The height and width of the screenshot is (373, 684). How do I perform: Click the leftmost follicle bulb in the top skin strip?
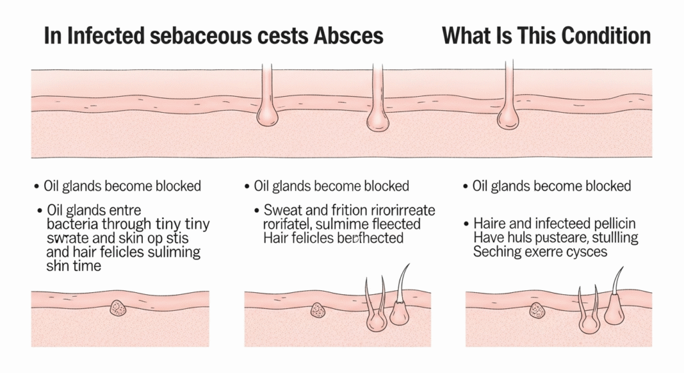[267, 115]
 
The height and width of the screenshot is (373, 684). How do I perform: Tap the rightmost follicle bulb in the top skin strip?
[508, 118]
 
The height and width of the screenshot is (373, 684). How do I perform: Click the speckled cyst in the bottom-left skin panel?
[118, 308]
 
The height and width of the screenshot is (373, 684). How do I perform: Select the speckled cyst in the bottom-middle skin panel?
[318, 310]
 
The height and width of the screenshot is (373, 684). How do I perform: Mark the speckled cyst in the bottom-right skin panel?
[537, 310]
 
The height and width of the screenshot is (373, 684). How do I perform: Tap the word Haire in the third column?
[490, 223]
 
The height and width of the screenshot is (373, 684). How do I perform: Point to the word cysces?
[584, 252]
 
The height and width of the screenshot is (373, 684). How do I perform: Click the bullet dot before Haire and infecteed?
[465, 223]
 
